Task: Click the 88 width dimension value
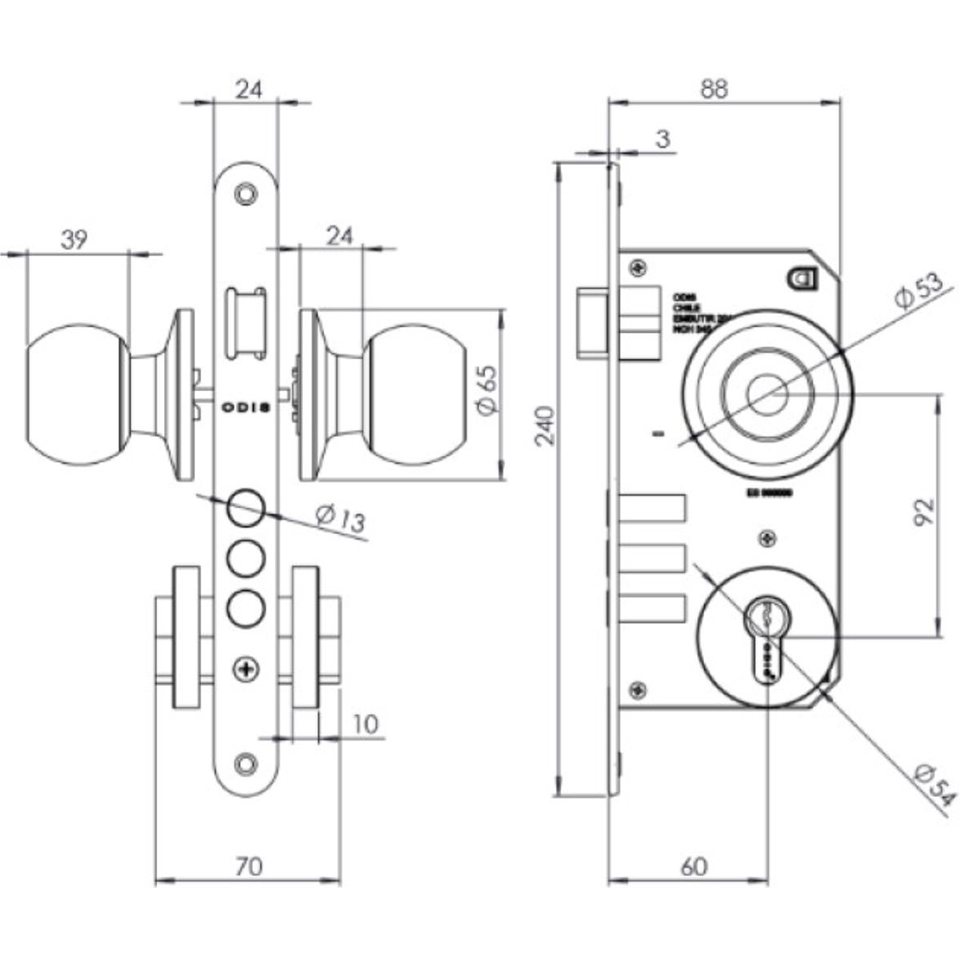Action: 713,88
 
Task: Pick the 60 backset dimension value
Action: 693,866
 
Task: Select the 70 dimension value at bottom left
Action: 248,866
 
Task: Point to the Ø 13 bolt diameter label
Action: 339,518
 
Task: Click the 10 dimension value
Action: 367,725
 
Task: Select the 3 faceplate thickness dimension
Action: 663,140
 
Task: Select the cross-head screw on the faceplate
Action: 245,669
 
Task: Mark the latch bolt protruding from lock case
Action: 592,323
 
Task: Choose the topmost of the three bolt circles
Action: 245,507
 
